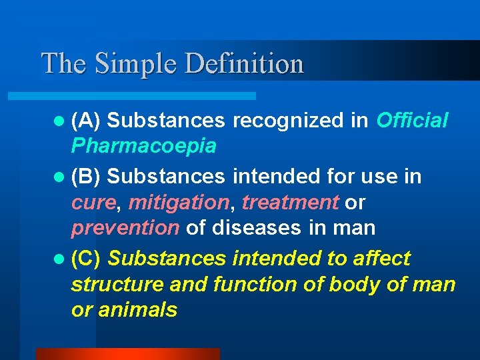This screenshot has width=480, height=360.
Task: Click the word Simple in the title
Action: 136,64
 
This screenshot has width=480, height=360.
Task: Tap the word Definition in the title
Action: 244,64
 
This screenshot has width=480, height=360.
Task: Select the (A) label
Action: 86,121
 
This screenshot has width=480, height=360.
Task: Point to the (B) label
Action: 86,177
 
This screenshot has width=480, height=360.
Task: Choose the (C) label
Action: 86,258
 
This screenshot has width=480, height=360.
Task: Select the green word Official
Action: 412,121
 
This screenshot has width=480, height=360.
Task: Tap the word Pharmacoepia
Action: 143,146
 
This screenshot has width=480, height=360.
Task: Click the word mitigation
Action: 178,202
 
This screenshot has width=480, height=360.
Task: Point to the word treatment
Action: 290,202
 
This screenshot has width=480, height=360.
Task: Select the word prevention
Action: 125,228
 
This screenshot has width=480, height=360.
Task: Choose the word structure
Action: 117,285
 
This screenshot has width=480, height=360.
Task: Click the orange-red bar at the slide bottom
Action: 127,354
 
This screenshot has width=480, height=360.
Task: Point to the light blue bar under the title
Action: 147,96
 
